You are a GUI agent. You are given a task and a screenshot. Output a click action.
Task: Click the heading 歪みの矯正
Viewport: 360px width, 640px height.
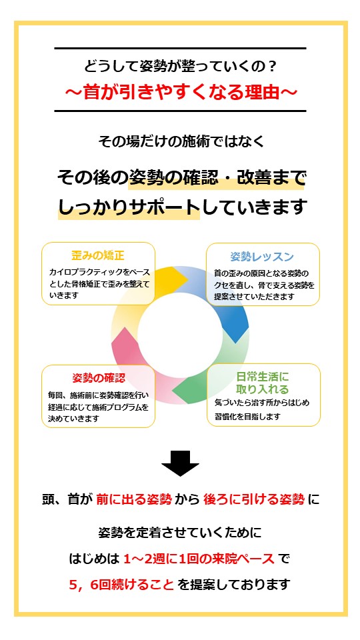[97, 256]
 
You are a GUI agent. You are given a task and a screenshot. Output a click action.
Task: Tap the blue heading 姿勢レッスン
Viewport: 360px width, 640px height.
[262, 257]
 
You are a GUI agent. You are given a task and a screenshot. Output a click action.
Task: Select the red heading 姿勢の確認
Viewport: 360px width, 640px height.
[99, 378]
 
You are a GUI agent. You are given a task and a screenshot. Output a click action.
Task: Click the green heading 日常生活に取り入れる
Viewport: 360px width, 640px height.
[263, 382]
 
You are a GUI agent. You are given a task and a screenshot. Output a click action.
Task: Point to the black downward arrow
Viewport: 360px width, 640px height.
[180, 463]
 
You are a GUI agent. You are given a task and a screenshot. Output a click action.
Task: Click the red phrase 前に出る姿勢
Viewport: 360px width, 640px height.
[134, 499]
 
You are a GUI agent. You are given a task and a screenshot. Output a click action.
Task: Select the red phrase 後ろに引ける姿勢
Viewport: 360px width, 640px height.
[254, 499]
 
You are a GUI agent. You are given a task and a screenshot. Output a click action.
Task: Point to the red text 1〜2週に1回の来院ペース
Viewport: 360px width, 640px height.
[199, 559]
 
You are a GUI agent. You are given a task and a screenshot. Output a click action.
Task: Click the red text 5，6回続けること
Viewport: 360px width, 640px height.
[121, 585]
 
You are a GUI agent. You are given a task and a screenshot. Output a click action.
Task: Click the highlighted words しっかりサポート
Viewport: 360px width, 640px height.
[129, 207]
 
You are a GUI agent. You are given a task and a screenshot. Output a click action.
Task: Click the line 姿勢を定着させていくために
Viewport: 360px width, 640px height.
[180, 533]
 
